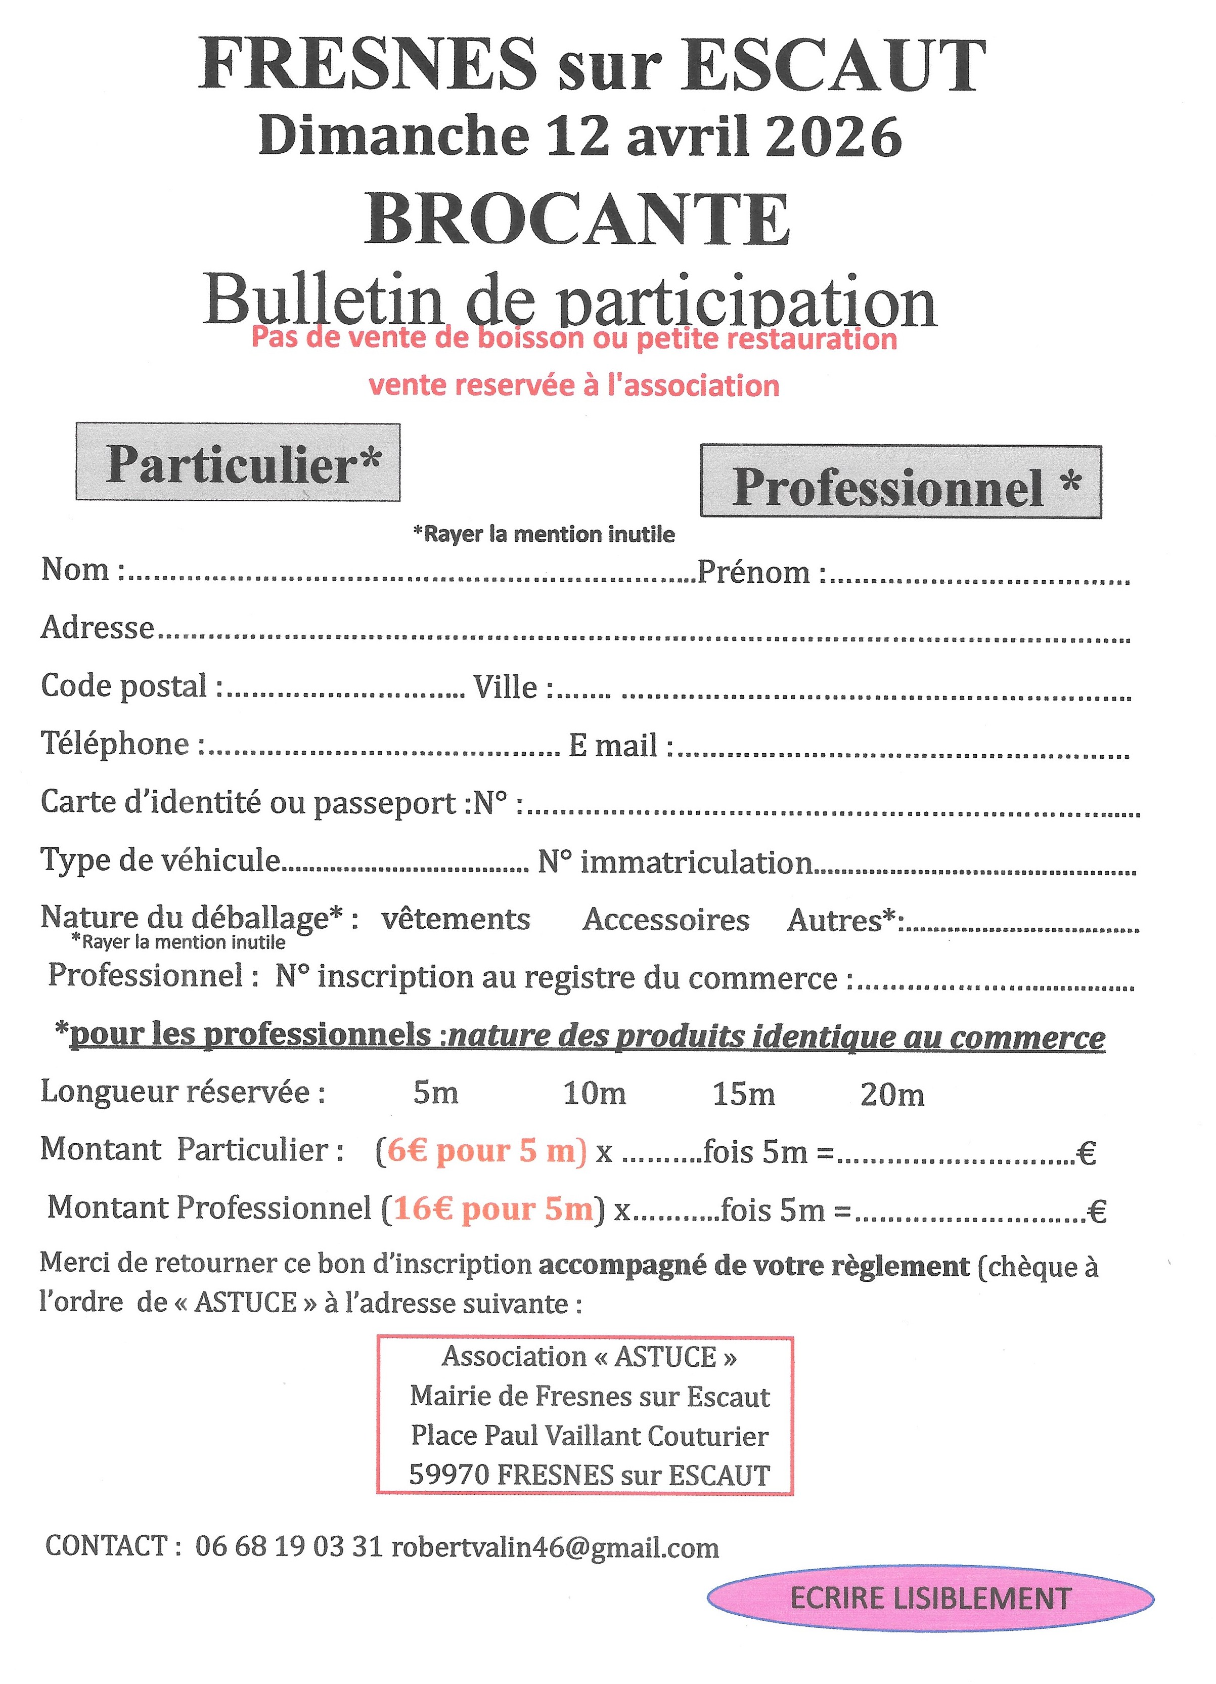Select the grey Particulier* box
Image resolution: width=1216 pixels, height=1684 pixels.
(x=238, y=462)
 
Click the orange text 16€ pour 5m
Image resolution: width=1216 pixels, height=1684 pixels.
(x=493, y=1210)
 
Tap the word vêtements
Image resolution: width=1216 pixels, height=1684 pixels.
(x=456, y=919)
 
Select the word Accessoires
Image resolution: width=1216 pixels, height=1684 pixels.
(x=666, y=920)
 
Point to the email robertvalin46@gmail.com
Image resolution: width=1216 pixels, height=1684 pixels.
(x=555, y=1547)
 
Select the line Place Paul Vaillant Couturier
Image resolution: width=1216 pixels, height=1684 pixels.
(x=590, y=1436)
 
